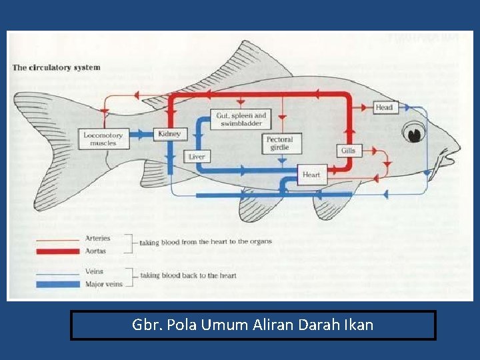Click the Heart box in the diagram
pyautogui.click(x=311, y=175)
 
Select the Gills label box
pyautogui.click(x=348, y=151)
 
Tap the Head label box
pyautogui.click(x=384, y=107)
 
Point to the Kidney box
pyautogui.click(x=169, y=134)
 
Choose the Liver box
pyautogui.click(x=197, y=157)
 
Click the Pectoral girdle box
pyautogui.click(x=279, y=143)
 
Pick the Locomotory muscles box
pyautogui.click(x=103, y=139)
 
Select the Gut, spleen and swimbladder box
pyautogui.click(x=241, y=119)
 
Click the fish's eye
pyautogui.click(x=417, y=133)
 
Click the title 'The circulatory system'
pyautogui.click(x=56, y=67)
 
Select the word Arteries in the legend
pyautogui.click(x=97, y=238)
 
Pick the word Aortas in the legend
pyautogui.click(x=95, y=251)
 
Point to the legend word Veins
pyautogui.click(x=94, y=271)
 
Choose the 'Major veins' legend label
pyautogui.click(x=103, y=284)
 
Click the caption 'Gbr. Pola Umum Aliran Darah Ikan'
pyautogui.click(x=253, y=325)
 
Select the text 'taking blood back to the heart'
pyautogui.click(x=188, y=275)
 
